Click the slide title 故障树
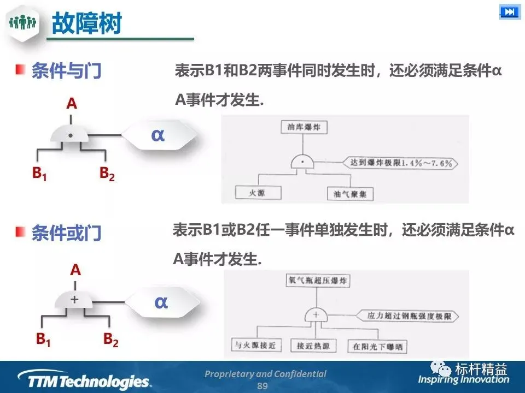coord(86,23)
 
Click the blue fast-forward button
coord(509,12)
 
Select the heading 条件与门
coord(66,71)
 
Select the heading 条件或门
coord(66,233)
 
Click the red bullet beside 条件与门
coord(20,70)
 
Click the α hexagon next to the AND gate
coord(158,134)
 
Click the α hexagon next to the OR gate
coord(161,301)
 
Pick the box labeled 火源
coord(258,192)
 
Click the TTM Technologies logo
coord(82,378)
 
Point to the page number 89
coord(262,385)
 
